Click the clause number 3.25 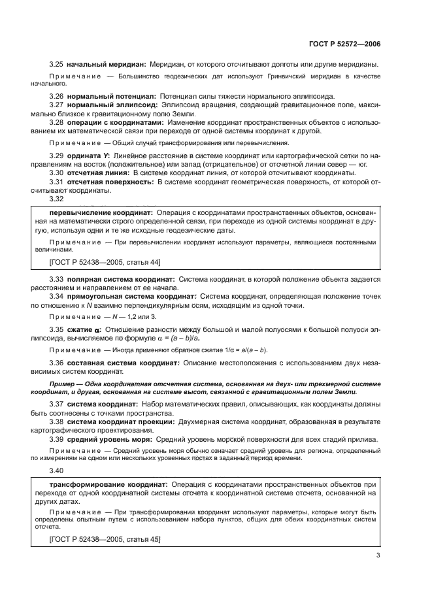[56, 65]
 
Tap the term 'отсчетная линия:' [100, 173]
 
